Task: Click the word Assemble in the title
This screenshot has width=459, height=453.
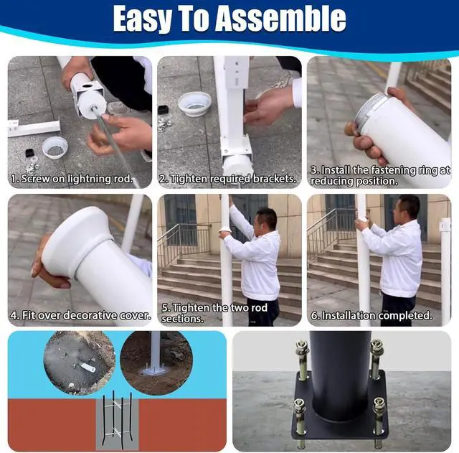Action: [280, 19]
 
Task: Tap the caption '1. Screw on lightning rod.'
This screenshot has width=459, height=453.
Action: [72, 179]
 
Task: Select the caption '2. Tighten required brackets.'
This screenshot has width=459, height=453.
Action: [228, 179]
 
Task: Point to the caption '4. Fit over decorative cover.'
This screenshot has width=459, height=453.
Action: [80, 315]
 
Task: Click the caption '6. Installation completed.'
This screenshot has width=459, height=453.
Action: [372, 315]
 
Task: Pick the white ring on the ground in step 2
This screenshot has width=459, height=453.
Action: [194, 103]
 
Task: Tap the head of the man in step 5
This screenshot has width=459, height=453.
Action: [266, 220]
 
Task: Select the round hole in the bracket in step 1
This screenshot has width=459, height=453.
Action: [87, 87]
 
